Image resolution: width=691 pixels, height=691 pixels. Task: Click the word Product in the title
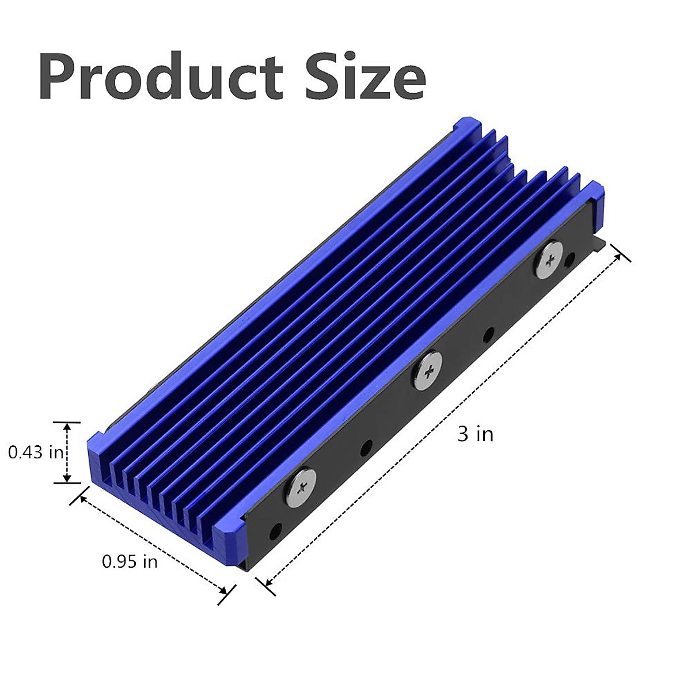click(x=161, y=76)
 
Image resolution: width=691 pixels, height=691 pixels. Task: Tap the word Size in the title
click(x=366, y=76)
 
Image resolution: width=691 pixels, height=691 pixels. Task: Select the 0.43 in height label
click(x=36, y=452)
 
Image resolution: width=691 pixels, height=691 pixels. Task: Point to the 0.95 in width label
click(x=130, y=561)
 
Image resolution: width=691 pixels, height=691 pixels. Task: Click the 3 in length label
click(x=476, y=434)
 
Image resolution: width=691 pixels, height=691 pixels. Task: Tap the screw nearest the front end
click(x=302, y=487)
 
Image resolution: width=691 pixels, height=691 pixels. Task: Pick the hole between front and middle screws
click(x=366, y=448)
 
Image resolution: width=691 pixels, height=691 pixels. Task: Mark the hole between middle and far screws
click(x=488, y=336)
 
